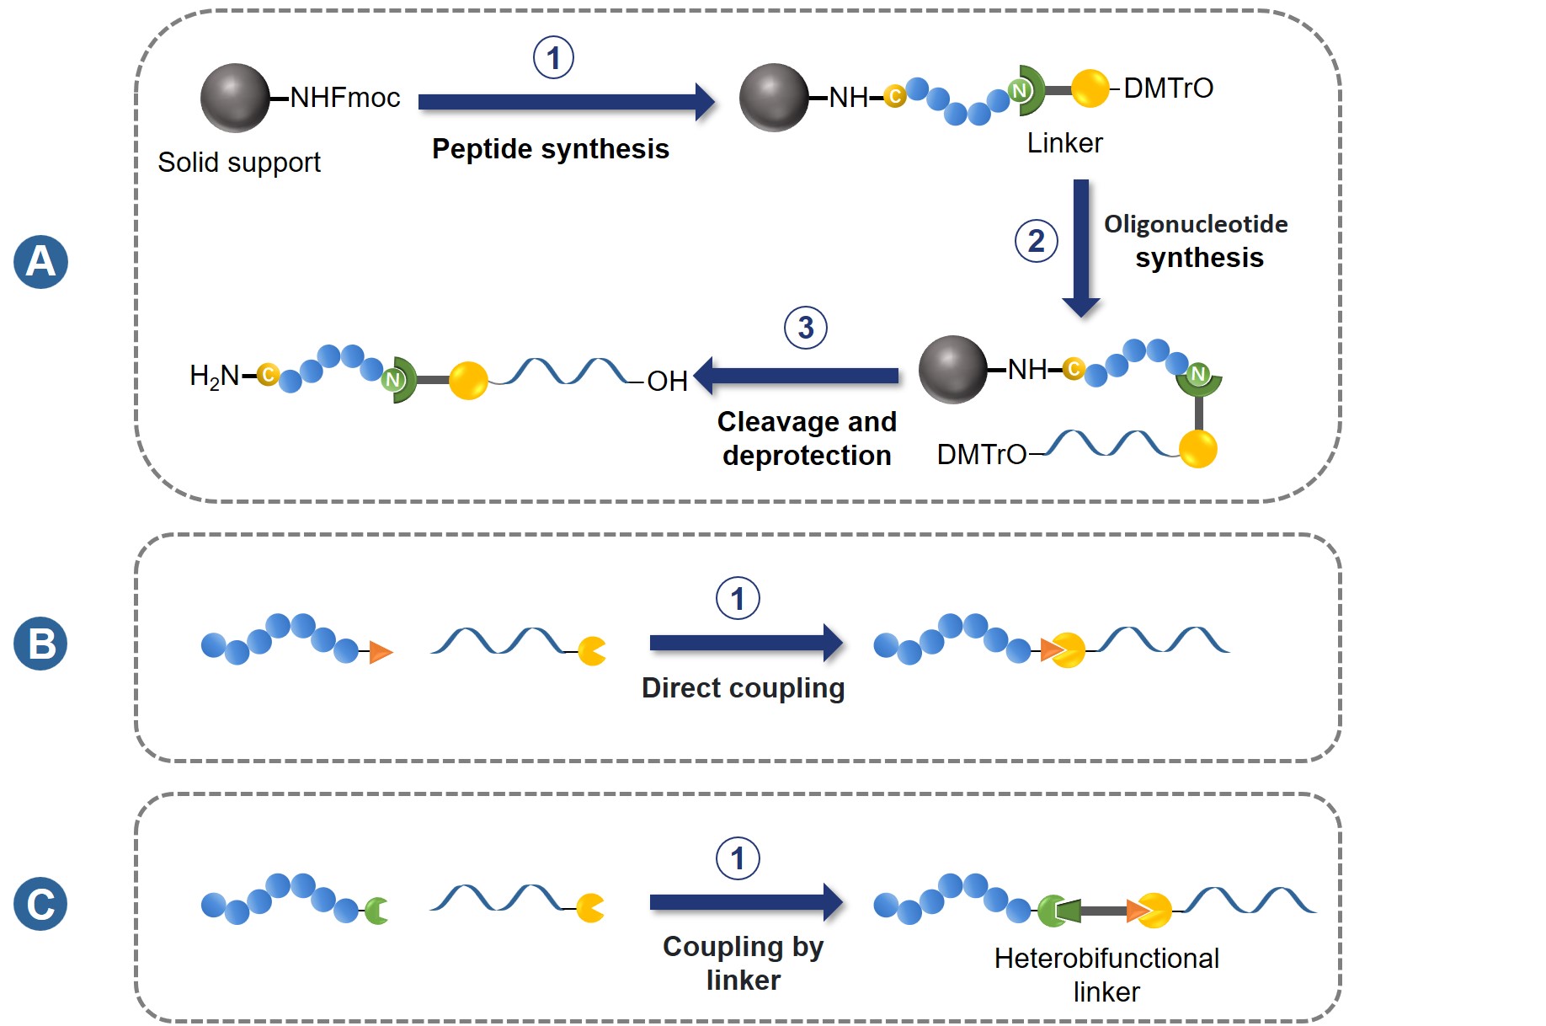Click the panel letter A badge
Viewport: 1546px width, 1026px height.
click(40, 262)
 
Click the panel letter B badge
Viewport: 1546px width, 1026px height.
click(40, 644)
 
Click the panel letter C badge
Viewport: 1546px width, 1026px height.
click(40, 904)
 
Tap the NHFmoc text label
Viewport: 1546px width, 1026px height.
click(344, 98)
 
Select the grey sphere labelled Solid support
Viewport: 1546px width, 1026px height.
click(235, 98)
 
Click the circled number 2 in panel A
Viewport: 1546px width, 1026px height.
click(1036, 242)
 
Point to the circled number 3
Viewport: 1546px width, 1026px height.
click(805, 328)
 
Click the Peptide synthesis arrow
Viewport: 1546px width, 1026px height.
click(564, 102)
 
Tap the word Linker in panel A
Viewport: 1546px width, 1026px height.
click(1064, 143)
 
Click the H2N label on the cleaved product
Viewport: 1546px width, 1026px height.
click(214, 376)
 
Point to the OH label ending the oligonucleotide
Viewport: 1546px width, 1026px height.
click(667, 382)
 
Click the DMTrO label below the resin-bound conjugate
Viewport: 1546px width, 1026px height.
click(981, 455)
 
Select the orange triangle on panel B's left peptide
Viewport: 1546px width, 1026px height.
click(381, 651)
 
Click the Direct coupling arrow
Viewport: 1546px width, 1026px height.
click(745, 643)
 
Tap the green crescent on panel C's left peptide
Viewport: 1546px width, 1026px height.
click(376, 911)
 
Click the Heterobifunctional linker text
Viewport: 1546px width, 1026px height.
click(1106, 975)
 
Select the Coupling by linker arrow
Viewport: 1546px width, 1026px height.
click(745, 902)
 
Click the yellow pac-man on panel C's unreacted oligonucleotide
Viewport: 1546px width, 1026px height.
click(590, 908)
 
